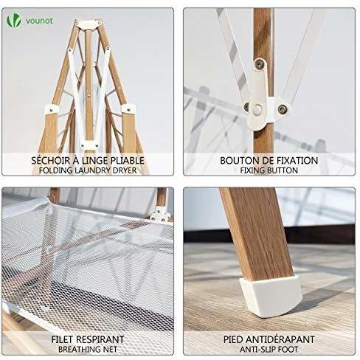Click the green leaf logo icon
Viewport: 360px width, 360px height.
pyautogui.click(x=14, y=21)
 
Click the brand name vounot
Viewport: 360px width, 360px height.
pyautogui.click(x=39, y=21)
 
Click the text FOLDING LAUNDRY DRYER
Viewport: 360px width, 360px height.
pyautogui.click(x=88, y=170)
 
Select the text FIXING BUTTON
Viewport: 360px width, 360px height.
pyautogui.click(x=269, y=170)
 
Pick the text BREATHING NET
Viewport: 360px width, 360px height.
pyautogui.click(x=88, y=350)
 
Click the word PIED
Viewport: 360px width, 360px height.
pyautogui.click(x=233, y=339)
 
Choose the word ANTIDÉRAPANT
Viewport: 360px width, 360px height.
pyautogui.click(x=280, y=339)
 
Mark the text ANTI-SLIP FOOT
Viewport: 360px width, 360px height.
pyautogui.click(x=269, y=350)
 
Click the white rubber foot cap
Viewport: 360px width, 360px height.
pyautogui.click(x=271, y=296)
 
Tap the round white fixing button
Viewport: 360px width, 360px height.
pyautogui.click(x=257, y=109)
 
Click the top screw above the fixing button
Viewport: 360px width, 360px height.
pyautogui.click(x=260, y=64)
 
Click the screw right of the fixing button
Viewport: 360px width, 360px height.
pyautogui.click(x=282, y=109)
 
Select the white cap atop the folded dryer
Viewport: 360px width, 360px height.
pyautogui.click(x=88, y=24)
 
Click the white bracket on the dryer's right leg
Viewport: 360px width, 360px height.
pyautogui.click(x=128, y=108)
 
